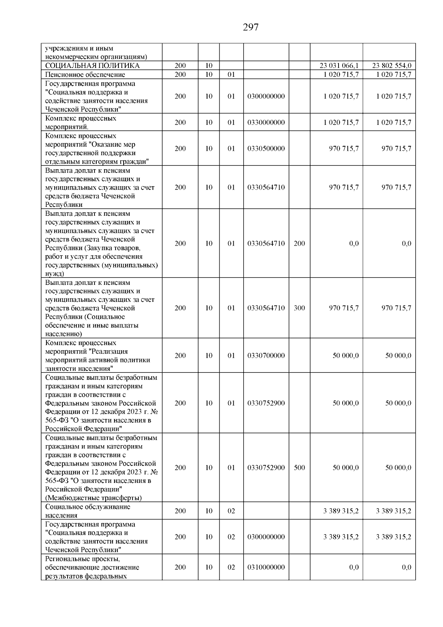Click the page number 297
[251, 27]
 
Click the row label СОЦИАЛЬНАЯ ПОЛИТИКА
[92, 66]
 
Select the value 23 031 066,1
[339, 66]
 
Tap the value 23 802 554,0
[392, 66]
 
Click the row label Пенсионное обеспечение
[85, 75]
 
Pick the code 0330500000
[266, 149]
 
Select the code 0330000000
[266, 122]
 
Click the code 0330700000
[266, 355]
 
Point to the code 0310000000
[266, 567]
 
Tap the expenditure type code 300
[299, 308]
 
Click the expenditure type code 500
[299, 468]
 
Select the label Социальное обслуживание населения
[87, 511]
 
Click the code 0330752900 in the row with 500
[266, 468]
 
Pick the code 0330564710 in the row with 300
[266, 308]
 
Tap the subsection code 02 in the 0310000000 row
[231, 567]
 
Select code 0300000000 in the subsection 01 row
[266, 96]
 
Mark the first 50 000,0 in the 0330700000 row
[346, 355]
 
